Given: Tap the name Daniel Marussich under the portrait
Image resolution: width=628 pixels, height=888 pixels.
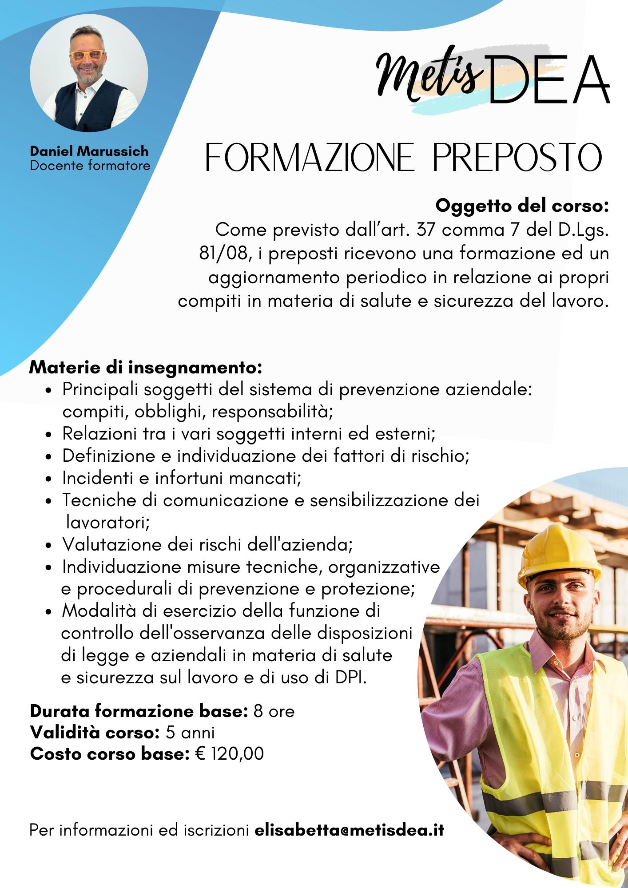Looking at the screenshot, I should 89,151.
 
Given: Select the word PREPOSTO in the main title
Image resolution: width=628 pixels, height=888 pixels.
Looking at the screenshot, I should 517,158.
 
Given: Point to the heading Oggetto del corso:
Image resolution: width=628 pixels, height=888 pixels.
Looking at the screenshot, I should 521,206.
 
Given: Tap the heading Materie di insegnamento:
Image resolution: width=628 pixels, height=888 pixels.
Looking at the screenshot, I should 145,368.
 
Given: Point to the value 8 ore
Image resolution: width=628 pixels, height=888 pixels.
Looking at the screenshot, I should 274,711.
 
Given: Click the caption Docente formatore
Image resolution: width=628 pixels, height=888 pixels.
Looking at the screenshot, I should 90,166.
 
